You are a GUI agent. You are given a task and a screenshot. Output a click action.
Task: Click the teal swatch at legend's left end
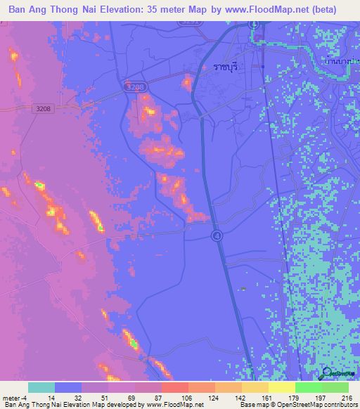tap(41, 387)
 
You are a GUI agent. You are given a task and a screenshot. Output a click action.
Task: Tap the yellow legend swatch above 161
tap(281, 387)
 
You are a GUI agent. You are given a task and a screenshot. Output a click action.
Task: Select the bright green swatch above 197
tap(308, 387)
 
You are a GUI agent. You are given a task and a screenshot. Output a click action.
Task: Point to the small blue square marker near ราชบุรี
tap(263, 67)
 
